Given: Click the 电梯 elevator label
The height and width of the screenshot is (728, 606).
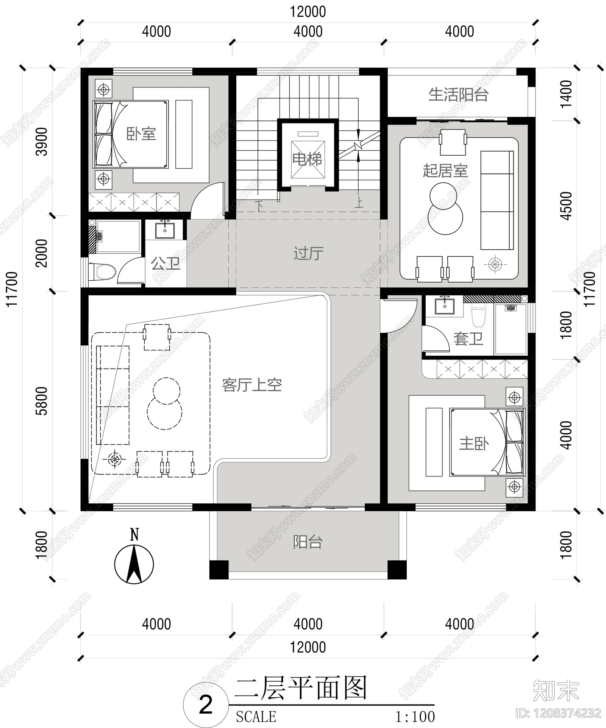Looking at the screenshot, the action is (x=307, y=159).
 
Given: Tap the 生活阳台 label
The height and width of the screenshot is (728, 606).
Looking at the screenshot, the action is (x=458, y=94).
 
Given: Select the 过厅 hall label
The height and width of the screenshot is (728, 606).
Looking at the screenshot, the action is (x=308, y=253).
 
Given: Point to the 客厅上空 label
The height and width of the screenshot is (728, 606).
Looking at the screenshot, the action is (x=252, y=385).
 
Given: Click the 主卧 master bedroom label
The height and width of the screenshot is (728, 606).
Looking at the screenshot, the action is (x=474, y=443).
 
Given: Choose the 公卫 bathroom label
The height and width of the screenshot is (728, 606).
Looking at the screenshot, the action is (x=166, y=263).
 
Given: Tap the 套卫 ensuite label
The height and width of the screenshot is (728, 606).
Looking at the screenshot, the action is (x=469, y=338).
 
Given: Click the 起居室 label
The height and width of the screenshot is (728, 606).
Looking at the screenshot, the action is (x=445, y=170).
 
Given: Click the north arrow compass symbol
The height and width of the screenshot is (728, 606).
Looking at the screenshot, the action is (x=134, y=559).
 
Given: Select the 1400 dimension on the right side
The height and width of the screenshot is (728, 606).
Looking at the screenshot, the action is (x=566, y=94).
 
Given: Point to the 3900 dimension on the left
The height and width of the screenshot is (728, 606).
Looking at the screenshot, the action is (x=42, y=142).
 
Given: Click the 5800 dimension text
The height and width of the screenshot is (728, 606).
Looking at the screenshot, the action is (x=42, y=401).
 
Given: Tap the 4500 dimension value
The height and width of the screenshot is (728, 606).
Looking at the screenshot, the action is (x=566, y=206).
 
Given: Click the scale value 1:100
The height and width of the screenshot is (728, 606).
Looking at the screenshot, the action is (x=415, y=716).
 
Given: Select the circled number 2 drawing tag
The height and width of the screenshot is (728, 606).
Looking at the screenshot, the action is (x=206, y=705).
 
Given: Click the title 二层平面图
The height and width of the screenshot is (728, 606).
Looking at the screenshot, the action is (x=301, y=688).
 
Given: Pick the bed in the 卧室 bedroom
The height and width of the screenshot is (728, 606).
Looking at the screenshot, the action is (x=131, y=134).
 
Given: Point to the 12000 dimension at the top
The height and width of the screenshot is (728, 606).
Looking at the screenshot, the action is (x=308, y=12).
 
